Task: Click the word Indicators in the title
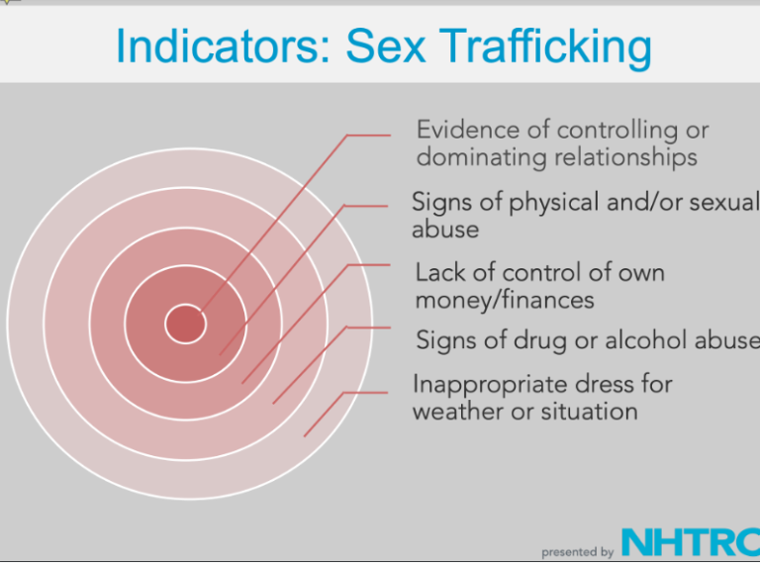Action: coord(224,46)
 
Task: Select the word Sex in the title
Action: coord(385,46)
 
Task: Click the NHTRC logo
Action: coord(691,542)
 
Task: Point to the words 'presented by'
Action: coord(577,552)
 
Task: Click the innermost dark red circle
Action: coord(186,324)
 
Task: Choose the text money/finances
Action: coord(505,300)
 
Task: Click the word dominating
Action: coord(481,158)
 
